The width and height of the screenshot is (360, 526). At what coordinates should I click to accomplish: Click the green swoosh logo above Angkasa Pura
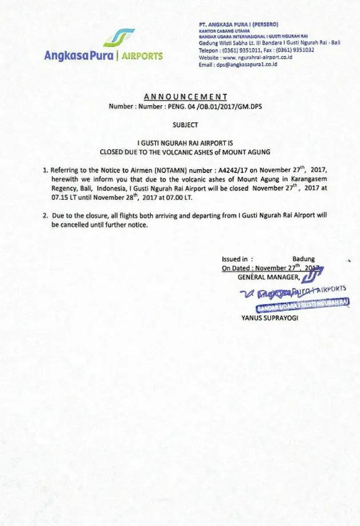tap(119, 37)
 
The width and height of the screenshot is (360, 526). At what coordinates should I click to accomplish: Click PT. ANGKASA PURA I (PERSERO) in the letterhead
tap(238, 26)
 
